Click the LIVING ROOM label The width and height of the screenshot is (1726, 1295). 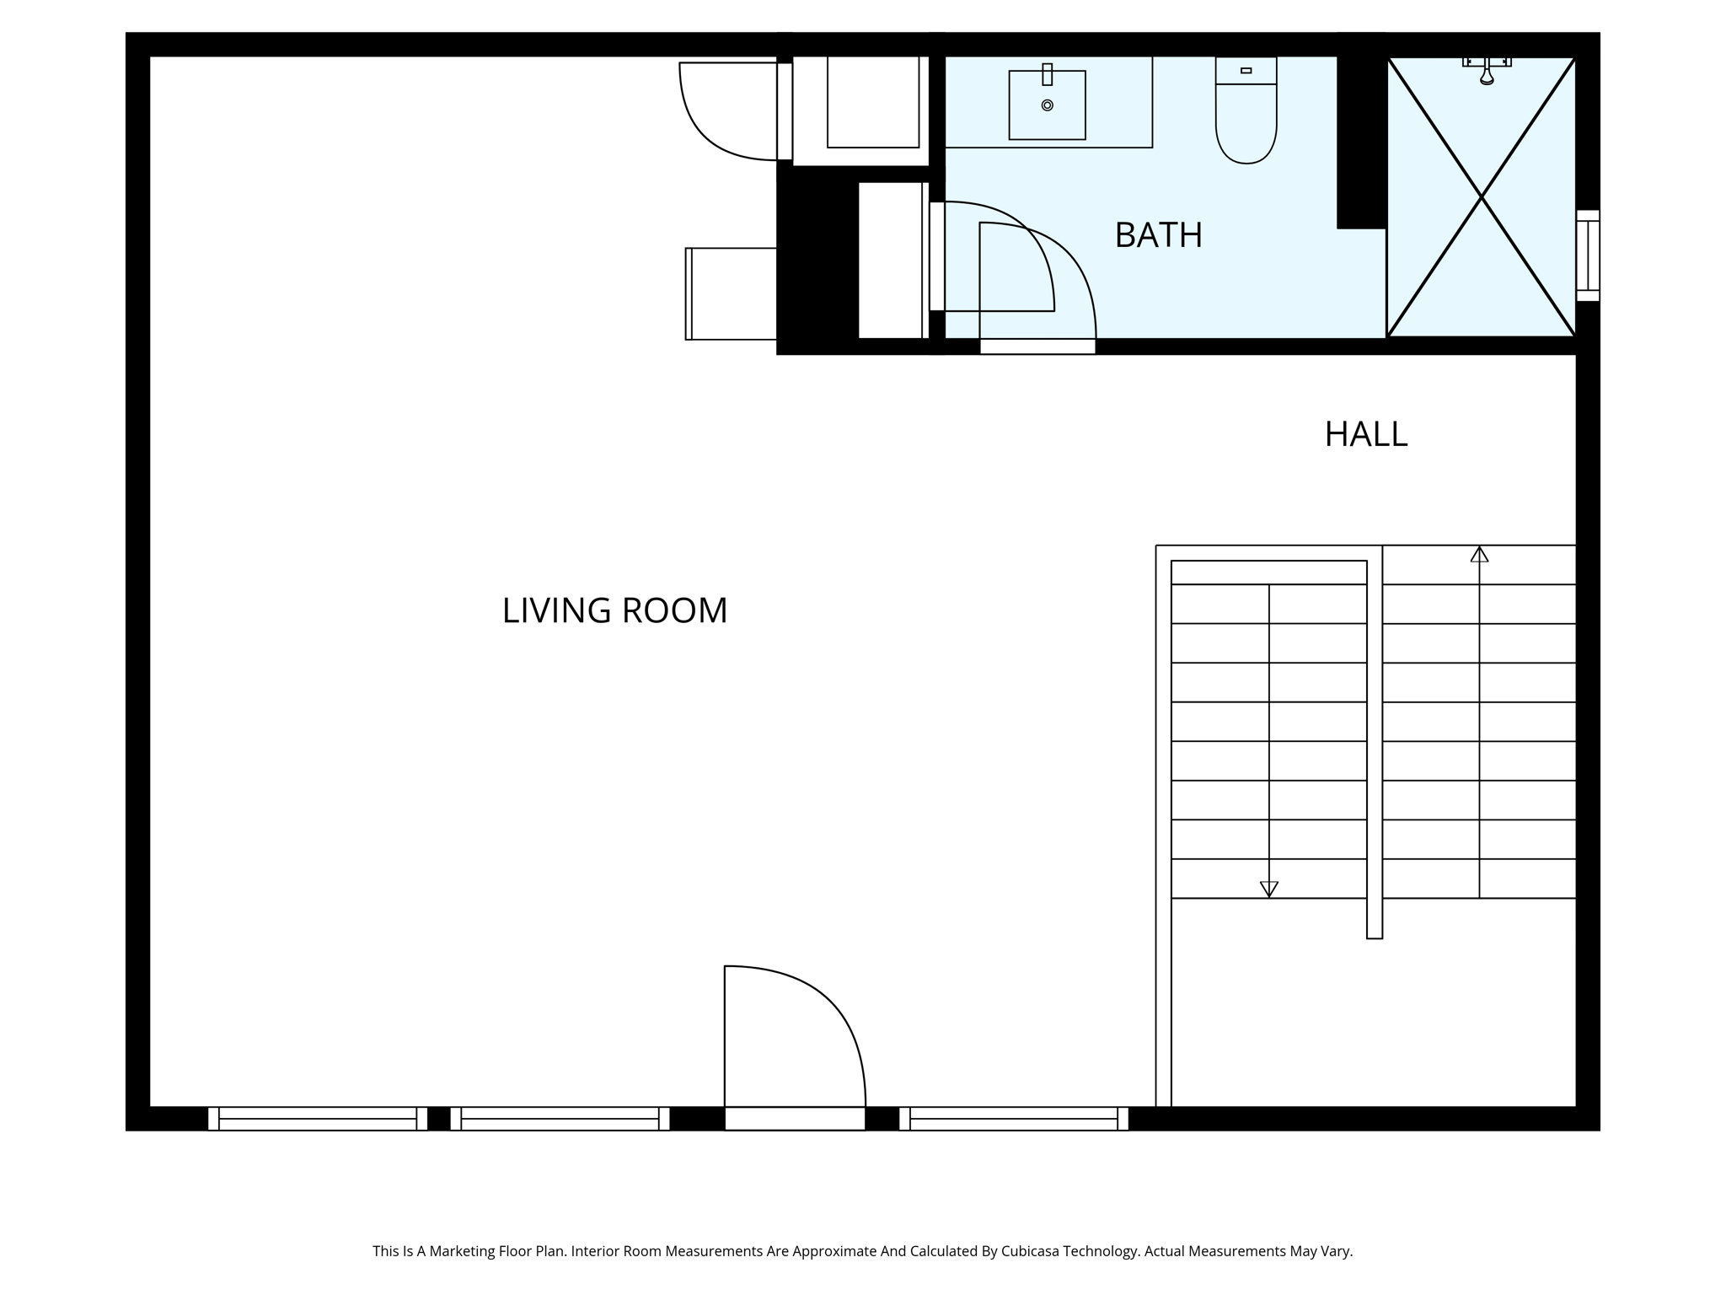pyautogui.click(x=614, y=610)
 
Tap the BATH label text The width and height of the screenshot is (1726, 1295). pyautogui.click(x=1158, y=235)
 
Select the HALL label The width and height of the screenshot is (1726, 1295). pyautogui.click(x=1365, y=434)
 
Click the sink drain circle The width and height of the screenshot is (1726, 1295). pyautogui.click(x=1047, y=105)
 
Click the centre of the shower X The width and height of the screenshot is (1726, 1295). pyautogui.click(x=1481, y=196)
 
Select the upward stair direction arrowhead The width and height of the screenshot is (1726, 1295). pyautogui.click(x=1479, y=555)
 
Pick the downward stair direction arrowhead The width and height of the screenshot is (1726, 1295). pyautogui.click(x=1268, y=889)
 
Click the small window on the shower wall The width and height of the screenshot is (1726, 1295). pyautogui.click(x=1588, y=255)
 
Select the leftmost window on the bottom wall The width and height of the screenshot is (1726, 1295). pyautogui.click(x=317, y=1119)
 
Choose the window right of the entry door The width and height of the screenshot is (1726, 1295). pyautogui.click(x=1013, y=1119)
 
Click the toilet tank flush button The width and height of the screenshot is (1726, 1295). pyautogui.click(x=1246, y=71)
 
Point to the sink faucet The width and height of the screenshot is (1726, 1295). pyautogui.click(x=1047, y=74)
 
